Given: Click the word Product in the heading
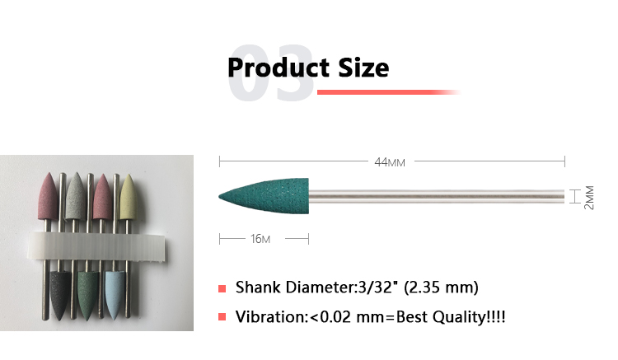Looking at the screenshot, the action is [279, 68].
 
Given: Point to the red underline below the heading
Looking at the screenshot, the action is [388, 92].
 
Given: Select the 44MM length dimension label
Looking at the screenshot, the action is [390, 162].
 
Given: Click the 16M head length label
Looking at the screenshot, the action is [260, 239].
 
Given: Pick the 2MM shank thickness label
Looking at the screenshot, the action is [589, 198].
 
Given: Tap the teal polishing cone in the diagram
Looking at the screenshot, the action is [264, 196].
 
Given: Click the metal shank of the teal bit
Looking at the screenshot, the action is [436, 196].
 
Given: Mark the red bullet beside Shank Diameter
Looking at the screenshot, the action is [222, 288].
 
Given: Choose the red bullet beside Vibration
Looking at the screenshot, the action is [222, 316].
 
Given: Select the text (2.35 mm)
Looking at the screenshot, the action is [441, 288].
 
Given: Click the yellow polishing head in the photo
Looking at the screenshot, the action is [128, 197].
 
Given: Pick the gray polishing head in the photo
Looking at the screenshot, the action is [76, 196].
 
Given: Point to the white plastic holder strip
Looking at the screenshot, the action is [96, 246].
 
